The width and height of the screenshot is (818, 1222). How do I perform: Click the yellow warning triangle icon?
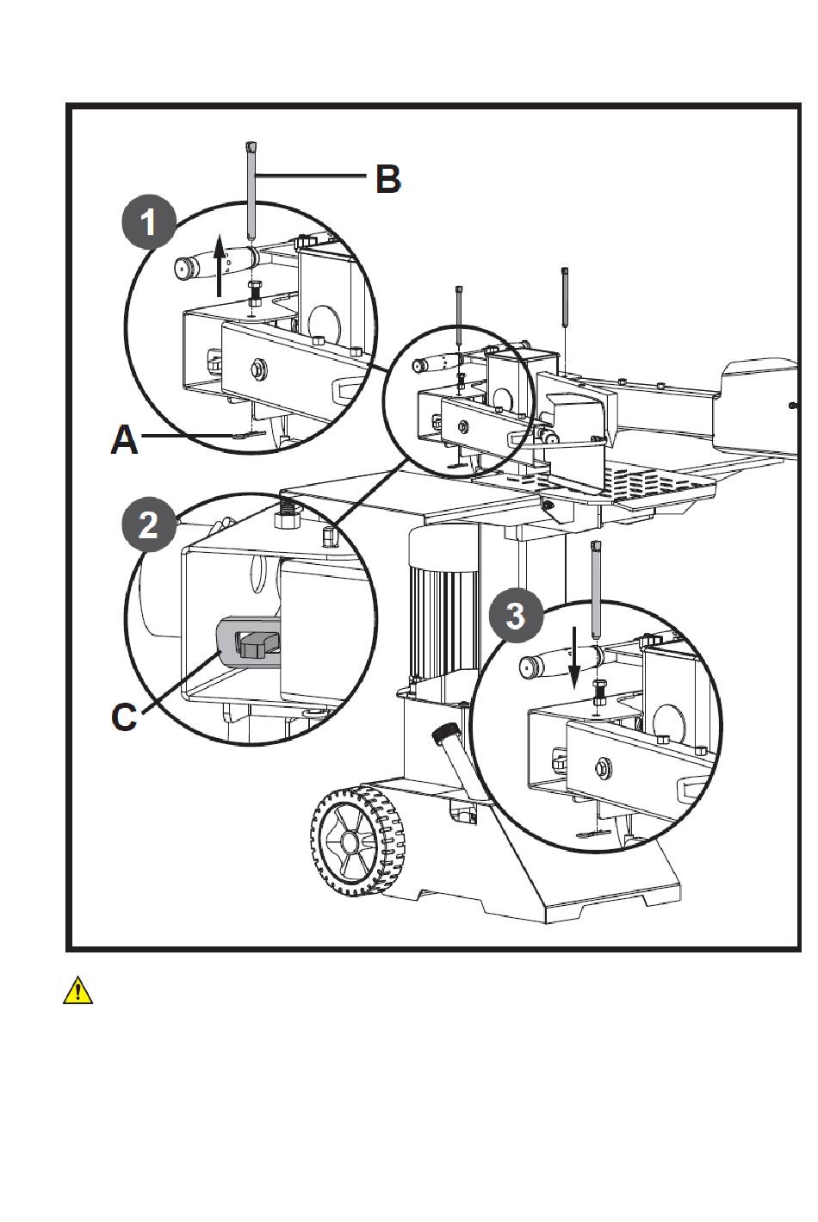[77, 990]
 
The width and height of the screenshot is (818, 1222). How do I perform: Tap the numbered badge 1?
[149, 222]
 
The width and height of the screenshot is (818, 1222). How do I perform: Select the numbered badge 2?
[149, 524]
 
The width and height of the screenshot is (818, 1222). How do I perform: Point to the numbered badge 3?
[515, 615]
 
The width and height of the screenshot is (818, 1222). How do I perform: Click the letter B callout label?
[388, 179]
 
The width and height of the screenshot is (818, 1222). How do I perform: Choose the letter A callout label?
[124, 440]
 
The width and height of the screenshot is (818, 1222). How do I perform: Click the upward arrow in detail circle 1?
[219, 265]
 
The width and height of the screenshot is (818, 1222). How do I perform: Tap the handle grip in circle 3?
[559, 660]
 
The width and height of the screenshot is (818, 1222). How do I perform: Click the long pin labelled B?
[251, 191]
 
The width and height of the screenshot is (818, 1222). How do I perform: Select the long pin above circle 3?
[596, 589]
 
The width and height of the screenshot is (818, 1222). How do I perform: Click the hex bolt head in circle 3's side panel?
[603, 768]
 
